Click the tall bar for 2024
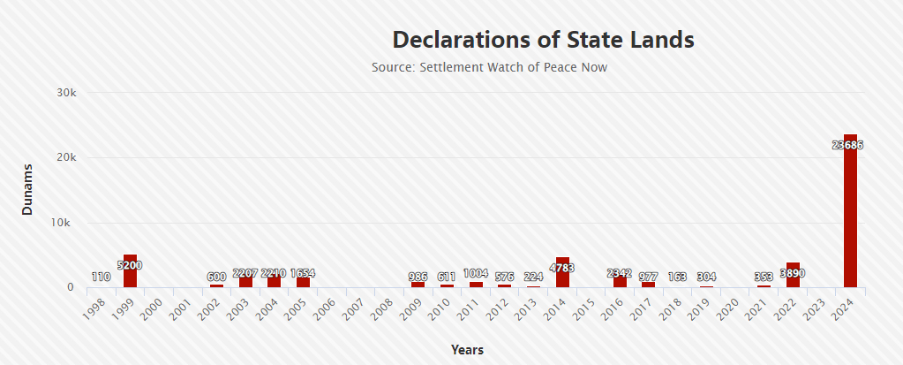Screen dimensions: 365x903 pyautogui.click(x=850, y=212)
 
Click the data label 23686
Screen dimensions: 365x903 pyautogui.click(x=847, y=145)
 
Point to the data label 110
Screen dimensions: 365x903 pyautogui.click(x=101, y=278)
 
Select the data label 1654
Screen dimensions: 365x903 pyautogui.click(x=302, y=273)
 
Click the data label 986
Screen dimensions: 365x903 pyautogui.click(x=418, y=278)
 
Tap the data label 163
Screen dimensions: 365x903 pyautogui.click(x=677, y=278)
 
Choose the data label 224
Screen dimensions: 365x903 pyautogui.click(x=533, y=278)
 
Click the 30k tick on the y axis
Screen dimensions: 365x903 pyautogui.click(x=66, y=93)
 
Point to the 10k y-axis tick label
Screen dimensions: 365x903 pyautogui.click(x=66, y=223)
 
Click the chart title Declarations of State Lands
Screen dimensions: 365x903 pyautogui.click(x=543, y=40)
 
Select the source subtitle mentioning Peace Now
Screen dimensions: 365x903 pyautogui.click(x=489, y=67)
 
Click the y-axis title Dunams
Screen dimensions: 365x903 pyautogui.click(x=27, y=189)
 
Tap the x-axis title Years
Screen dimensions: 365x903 pyautogui.click(x=467, y=350)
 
